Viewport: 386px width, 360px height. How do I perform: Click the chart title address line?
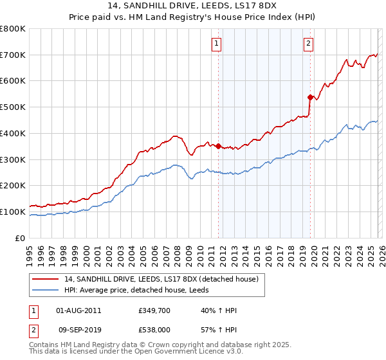coord(193,6)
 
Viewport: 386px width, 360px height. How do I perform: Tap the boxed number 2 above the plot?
coord(308,44)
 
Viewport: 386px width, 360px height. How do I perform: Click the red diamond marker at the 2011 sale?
coord(218,146)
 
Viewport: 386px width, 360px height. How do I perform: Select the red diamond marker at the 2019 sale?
coord(310,97)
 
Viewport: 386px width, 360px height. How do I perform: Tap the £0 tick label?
coord(19,238)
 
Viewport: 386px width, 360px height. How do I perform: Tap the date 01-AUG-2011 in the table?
coord(79,310)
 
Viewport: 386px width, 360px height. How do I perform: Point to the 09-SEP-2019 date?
coord(79,331)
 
